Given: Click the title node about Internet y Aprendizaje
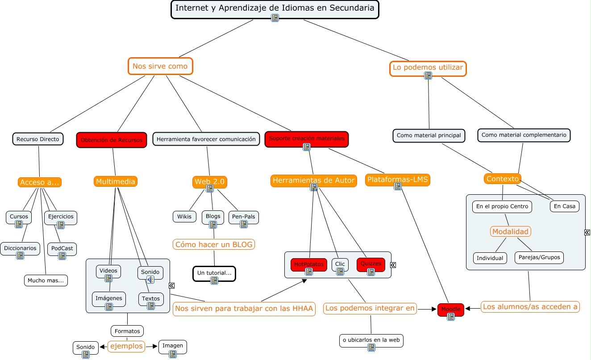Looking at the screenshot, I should [x=275, y=8].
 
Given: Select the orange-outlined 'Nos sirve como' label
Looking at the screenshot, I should [x=160, y=67].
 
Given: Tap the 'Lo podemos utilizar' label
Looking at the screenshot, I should [x=428, y=68].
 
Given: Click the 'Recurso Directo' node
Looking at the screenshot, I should [x=38, y=139].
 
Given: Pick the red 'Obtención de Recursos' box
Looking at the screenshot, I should [x=112, y=140].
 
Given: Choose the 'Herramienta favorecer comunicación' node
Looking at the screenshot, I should [x=206, y=139].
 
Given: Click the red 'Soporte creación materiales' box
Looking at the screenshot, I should [x=307, y=138].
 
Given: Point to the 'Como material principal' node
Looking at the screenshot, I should [x=429, y=135].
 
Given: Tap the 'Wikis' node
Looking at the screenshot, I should [x=184, y=217].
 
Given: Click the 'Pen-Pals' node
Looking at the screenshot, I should [x=243, y=217].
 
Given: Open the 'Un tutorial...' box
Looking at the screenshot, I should [x=214, y=273].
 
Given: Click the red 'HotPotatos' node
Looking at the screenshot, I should [x=309, y=264].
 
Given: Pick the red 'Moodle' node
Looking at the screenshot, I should [x=451, y=309].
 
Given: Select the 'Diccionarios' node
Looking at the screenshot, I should [x=20, y=248].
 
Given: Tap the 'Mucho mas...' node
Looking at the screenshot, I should [x=46, y=280].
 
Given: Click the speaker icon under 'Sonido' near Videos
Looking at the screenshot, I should [x=150, y=280].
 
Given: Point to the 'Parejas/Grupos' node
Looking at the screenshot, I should [x=539, y=258].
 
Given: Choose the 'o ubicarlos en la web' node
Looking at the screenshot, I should [x=371, y=340].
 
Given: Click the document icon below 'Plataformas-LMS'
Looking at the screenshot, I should [x=398, y=187].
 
